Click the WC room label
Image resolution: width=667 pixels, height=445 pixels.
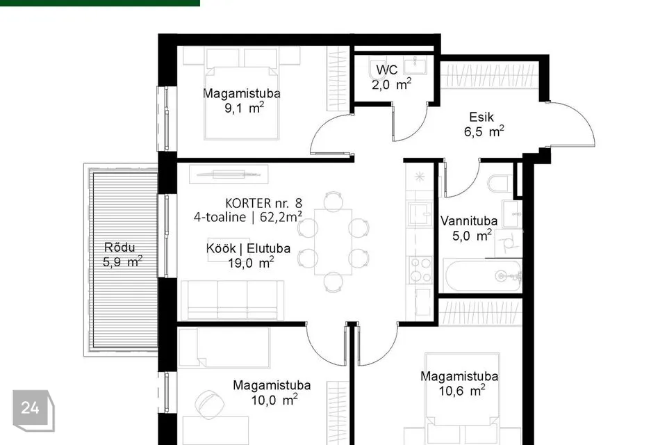point(387,70)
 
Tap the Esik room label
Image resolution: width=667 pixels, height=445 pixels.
point(481,117)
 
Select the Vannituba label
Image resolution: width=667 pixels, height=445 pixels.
point(469,221)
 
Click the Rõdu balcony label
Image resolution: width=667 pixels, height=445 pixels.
point(120,248)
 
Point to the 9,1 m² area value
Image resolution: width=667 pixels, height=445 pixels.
point(244,108)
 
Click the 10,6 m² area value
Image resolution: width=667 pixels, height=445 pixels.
point(462,391)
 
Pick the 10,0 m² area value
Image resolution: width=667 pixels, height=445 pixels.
point(274,400)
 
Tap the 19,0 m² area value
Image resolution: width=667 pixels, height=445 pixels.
point(251,263)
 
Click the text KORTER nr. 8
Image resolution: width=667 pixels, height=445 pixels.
point(264,203)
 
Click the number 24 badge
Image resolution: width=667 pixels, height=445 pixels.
point(31,408)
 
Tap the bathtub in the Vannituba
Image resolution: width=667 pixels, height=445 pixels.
point(482,276)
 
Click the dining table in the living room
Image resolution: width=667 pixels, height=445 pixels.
point(333,242)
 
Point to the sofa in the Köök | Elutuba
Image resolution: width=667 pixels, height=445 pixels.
point(232,300)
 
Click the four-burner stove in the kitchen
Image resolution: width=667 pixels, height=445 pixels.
point(420,270)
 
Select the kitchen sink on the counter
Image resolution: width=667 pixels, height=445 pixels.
point(420,213)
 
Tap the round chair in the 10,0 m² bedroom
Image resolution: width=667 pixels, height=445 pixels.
point(209,405)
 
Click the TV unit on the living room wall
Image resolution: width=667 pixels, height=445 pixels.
point(229,174)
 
